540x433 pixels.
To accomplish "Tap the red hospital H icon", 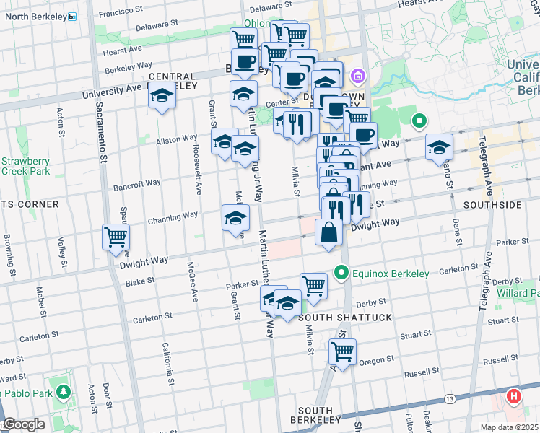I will coord(513,396).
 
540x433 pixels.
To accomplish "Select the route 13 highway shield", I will coord(450,399).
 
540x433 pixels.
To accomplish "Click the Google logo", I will coord(23,424).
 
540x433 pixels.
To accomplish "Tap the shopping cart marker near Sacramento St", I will coord(116,236).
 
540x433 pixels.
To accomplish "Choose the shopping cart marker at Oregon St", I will coord(342,352).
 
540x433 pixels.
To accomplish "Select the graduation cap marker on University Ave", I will coord(163,95).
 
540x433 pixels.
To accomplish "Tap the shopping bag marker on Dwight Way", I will coord(329,232).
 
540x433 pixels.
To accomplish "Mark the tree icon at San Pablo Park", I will coord(64,392).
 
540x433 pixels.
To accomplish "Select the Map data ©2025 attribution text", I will coord(510,427).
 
